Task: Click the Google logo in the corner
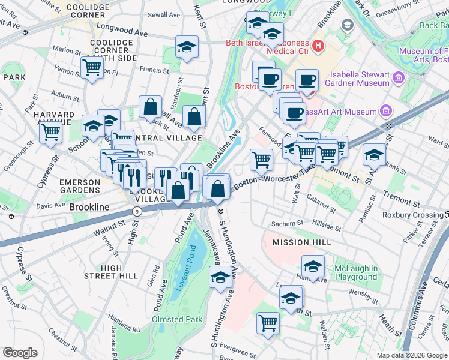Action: (20, 353)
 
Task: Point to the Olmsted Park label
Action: (177, 320)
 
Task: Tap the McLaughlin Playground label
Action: (356, 272)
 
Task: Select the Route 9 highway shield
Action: (137, 211)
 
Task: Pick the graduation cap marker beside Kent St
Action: (187, 47)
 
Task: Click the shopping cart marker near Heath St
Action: (268, 322)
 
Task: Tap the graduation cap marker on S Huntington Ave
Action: (220, 277)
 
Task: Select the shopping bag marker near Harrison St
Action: (151, 107)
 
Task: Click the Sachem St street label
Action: (288, 223)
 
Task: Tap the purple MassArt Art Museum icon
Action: (386, 111)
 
